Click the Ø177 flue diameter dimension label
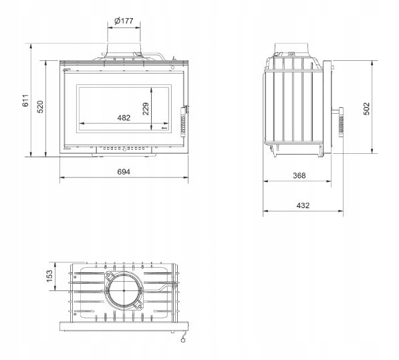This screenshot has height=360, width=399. (124, 21)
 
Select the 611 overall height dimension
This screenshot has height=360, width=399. (25, 100)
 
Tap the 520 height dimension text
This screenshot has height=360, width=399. (40, 107)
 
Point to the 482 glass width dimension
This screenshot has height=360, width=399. (124, 118)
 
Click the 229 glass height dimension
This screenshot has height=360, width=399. (146, 109)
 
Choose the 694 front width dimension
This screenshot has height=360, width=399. (124, 172)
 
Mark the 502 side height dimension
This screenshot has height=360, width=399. (366, 109)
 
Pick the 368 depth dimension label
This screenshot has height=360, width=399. (299, 175)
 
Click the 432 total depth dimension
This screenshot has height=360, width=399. (303, 205)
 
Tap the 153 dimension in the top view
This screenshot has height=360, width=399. (49, 276)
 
